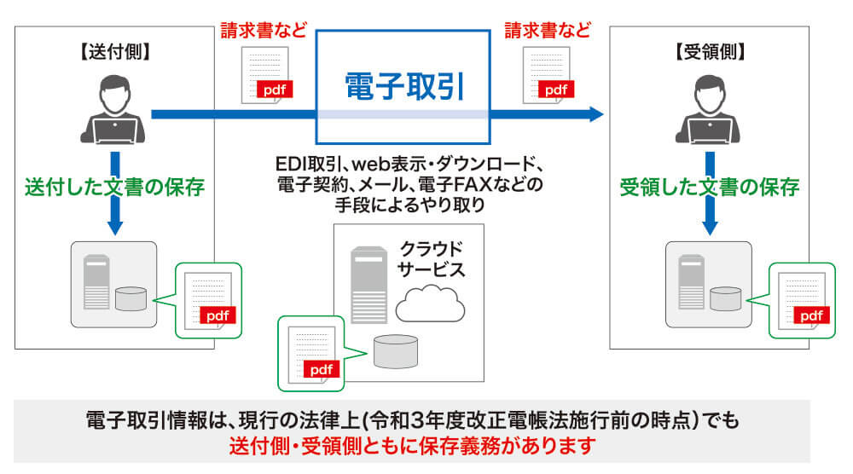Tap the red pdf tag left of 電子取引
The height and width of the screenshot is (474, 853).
point(273,88)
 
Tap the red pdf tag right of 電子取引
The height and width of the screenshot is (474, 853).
point(555,88)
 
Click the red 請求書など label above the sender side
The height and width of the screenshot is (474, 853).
point(254,32)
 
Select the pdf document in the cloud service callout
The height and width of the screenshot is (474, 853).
point(309,352)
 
